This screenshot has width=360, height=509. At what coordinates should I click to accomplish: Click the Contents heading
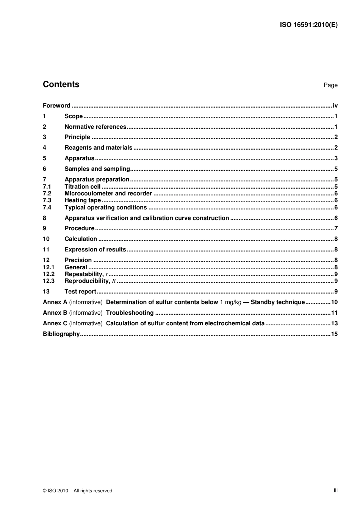point(61,84)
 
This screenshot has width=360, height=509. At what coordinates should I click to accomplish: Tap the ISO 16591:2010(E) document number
point(308,25)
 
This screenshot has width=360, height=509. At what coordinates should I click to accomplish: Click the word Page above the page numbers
point(330,85)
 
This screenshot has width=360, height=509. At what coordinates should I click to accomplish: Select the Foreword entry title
point(56,106)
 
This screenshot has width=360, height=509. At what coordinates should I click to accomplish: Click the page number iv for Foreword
point(335,106)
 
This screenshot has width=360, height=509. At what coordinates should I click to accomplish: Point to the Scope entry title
point(74,116)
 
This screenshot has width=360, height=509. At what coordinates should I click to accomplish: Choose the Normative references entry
point(95,127)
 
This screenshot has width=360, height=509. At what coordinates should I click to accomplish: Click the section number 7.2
point(47,194)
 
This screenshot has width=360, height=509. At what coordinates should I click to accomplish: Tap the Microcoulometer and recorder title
point(108,194)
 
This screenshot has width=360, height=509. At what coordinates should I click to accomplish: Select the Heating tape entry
point(83,200)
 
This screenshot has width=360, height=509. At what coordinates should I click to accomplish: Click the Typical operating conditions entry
point(106,208)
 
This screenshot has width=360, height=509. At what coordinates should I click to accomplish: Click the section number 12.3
point(49,281)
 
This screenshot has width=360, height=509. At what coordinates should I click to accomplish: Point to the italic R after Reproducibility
point(114,281)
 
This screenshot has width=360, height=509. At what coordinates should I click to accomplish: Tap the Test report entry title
point(80,292)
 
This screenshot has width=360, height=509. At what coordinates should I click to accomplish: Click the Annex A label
point(55,302)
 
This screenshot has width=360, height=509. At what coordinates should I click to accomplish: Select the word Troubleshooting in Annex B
point(130,313)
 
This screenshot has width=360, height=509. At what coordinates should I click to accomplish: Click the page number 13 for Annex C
point(334,323)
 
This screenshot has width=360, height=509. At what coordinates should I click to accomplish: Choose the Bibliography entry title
point(61,334)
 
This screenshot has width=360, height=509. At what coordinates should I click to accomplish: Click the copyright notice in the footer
point(78,491)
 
